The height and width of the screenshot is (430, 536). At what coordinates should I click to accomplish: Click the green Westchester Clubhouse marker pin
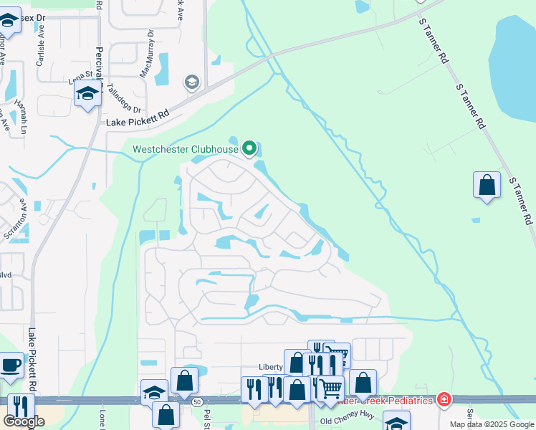(249, 148)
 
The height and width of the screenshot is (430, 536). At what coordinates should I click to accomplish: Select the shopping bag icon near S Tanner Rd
(487, 185)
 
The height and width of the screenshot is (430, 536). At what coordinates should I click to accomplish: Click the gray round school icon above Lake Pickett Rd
(191, 82)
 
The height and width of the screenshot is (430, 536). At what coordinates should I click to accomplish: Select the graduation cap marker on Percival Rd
(88, 95)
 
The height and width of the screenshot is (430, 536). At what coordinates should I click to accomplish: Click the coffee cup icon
(9, 365)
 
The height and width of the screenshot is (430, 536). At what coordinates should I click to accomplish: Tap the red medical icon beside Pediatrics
(444, 399)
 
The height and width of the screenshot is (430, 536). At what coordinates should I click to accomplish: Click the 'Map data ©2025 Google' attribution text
(492, 424)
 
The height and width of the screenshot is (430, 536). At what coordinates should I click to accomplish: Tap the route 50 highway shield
(196, 402)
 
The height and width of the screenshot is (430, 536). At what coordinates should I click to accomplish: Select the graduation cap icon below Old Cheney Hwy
(396, 421)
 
